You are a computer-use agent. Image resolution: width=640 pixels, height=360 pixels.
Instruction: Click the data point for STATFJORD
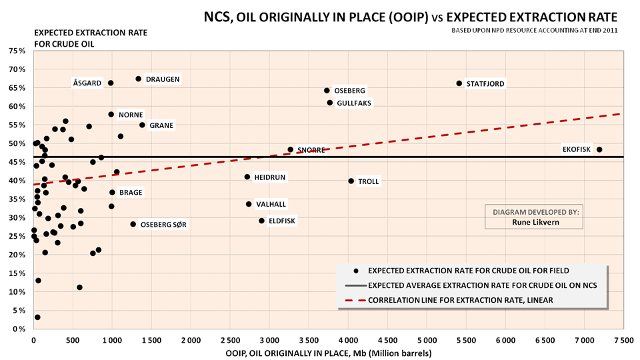tap(459, 83)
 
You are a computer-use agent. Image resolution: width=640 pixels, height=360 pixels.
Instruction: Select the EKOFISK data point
tap(599, 149)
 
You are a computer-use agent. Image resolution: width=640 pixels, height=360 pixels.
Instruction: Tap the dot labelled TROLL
tap(351, 181)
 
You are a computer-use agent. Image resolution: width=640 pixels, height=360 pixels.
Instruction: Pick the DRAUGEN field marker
tap(139, 79)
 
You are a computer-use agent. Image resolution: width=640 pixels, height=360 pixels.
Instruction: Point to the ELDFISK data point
tap(261, 221)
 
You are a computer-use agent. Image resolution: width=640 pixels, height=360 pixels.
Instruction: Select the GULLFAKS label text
tap(354, 103)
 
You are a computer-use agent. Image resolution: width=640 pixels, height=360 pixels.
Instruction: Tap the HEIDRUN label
tap(271, 177)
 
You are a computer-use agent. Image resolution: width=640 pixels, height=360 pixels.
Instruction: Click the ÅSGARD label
tap(87, 83)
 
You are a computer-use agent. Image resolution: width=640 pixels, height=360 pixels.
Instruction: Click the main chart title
tap(411, 16)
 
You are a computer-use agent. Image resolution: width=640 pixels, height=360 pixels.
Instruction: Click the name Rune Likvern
tap(535, 223)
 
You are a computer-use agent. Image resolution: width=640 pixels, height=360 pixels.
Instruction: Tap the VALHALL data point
tap(249, 204)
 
